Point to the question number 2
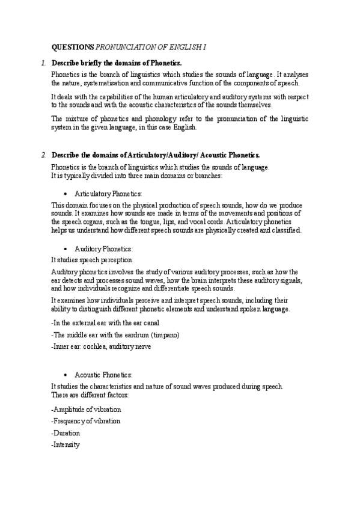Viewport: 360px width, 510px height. point(44,155)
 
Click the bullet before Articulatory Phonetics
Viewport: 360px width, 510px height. point(64,194)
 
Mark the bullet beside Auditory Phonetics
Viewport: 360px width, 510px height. point(64,248)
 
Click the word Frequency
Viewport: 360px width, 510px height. point(69,421)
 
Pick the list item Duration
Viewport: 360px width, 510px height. point(67,433)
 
